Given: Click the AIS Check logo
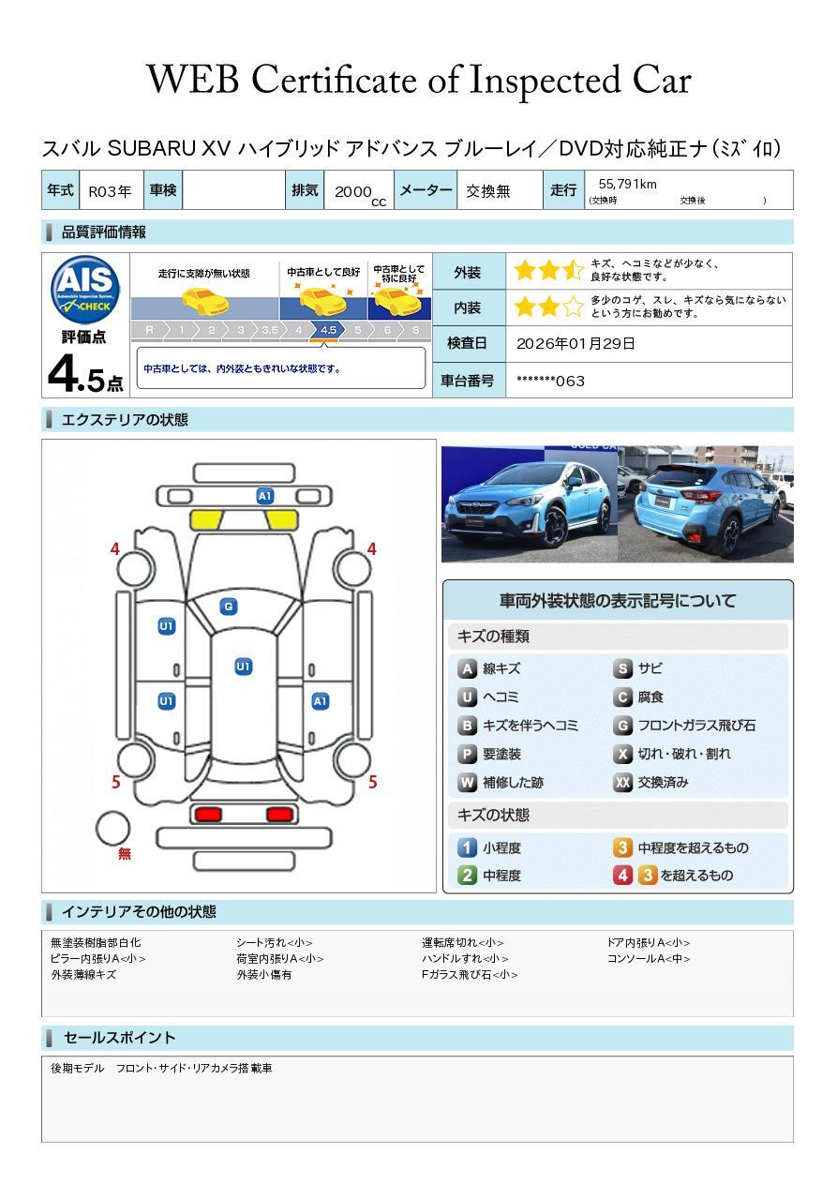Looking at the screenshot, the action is tap(85, 290).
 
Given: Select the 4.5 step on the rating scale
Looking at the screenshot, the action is tap(328, 330).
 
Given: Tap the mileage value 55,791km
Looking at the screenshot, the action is tap(627, 184).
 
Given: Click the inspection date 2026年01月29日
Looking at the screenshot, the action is tap(575, 343).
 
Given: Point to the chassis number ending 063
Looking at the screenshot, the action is tap(550, 381).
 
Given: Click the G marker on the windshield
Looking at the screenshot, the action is tap(229, 607).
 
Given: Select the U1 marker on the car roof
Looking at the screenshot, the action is tap(243, 666).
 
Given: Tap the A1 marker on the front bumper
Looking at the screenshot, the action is tap(264, 496).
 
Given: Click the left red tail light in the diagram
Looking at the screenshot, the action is tap(208, 814).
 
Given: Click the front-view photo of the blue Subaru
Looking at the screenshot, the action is tap(529, 503).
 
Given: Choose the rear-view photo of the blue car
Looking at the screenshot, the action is tap(706, 503).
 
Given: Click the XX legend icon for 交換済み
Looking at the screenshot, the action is tap(622, 782).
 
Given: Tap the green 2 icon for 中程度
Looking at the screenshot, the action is tap(467, 875).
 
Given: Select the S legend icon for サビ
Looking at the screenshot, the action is tap(622, 668).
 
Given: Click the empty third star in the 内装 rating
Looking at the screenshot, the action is tap(574, 307).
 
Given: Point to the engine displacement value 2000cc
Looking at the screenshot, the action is tap(360, 194).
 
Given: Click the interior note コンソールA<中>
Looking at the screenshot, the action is tap(649, 958).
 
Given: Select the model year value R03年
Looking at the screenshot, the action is tap(110, 191).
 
